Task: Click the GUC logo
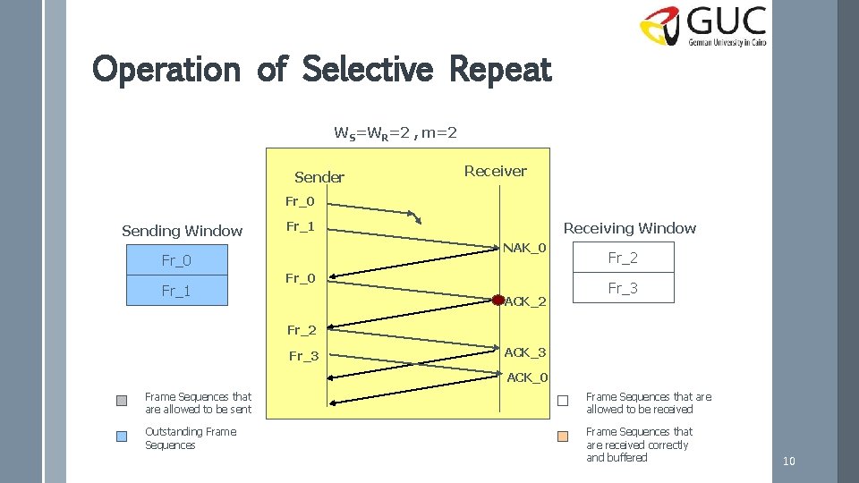(703, 27)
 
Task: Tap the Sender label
(319, 177)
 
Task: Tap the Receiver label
(495, 171)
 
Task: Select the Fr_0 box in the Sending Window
(176, 260)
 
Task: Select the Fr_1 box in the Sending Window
(176, 291)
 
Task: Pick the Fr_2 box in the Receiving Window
(623, 258)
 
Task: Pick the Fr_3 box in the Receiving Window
(623, 288)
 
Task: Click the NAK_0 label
(525, 247)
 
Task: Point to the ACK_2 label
(525, 301)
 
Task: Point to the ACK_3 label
(525, 352)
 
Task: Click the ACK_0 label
(528, 377)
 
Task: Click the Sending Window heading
(182, 231)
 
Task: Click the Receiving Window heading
(629, 228)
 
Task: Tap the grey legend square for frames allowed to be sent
(122, 401)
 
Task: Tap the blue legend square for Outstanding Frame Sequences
(122, 436)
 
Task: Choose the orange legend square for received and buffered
(563, 436)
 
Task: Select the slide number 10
(788, 461)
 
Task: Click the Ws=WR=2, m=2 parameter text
(395, 133)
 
